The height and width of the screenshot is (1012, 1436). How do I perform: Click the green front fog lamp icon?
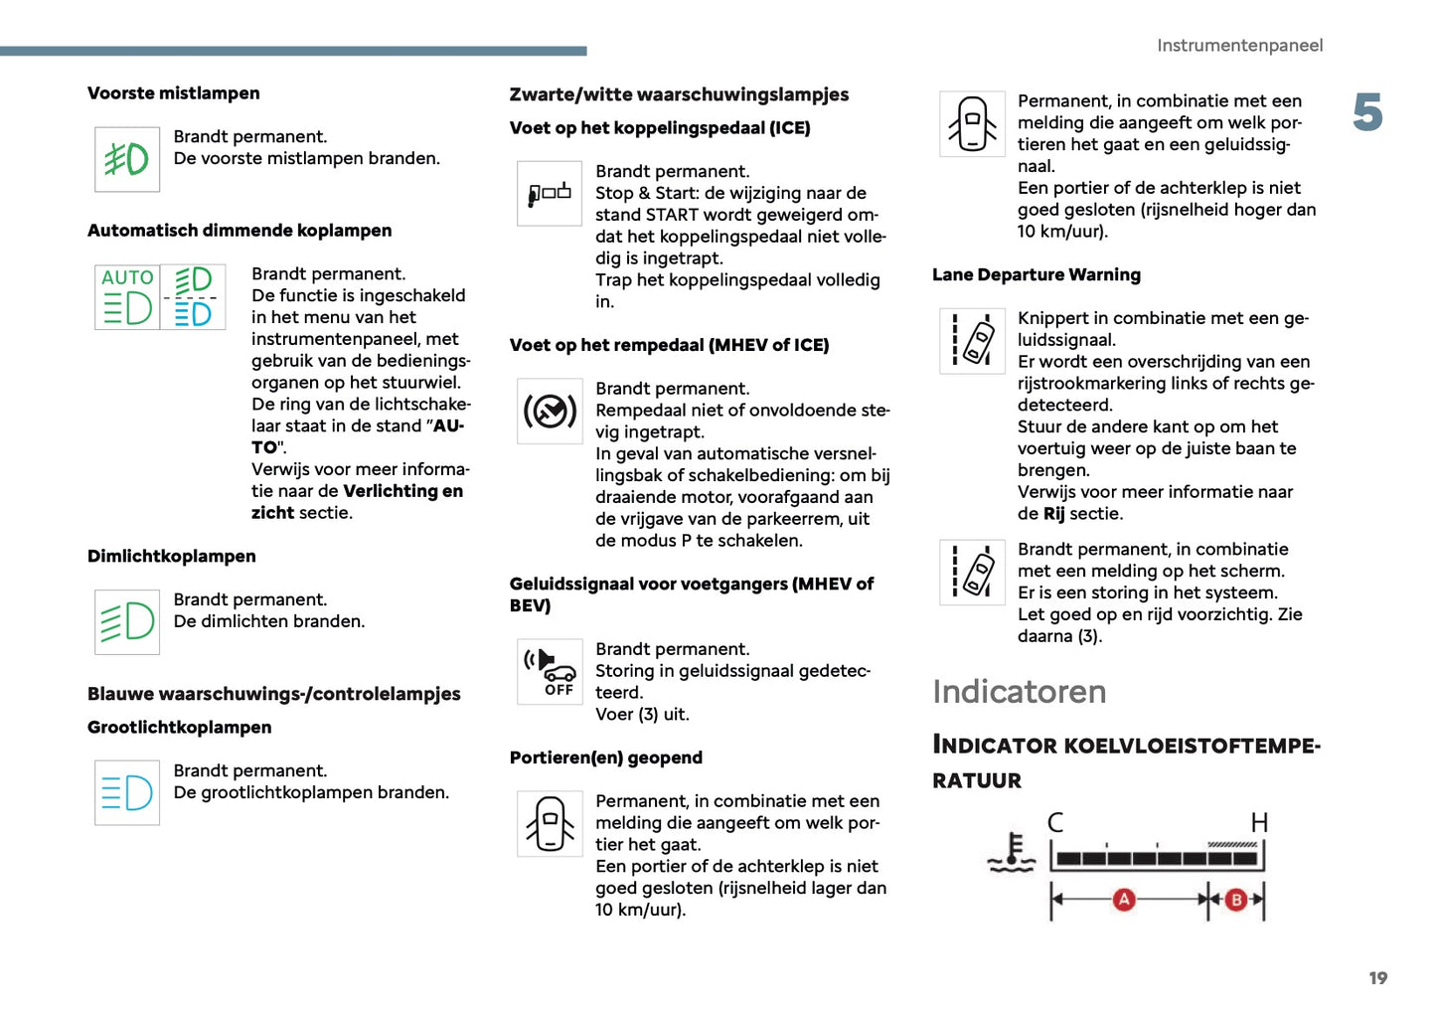point(127,159)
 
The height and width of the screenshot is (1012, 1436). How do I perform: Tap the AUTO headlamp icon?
point(127,296)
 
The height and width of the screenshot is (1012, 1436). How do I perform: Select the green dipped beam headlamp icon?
point(127,622)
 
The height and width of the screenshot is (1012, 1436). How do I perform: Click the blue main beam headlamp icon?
point(127,792)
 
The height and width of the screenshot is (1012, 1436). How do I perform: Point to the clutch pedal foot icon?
point(550,193)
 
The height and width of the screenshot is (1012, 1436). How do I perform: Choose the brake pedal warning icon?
point(550,411)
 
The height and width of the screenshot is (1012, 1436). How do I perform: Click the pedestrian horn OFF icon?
point(550,671)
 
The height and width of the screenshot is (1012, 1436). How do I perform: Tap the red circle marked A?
point(1124,900)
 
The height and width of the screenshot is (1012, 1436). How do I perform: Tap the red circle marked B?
point(1236,900)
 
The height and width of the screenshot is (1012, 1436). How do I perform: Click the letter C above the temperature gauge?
point(1055,822)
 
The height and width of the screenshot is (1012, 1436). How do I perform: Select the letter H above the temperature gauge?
point(1259,822)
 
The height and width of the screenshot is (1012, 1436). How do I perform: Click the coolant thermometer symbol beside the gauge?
point(1012,853)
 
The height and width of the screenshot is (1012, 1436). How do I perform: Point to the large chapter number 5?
point(1367,112)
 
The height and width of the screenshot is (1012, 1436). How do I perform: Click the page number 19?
point(1377,978)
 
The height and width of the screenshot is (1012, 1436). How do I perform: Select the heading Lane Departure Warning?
point(1036,275)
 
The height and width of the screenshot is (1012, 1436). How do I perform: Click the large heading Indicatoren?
point(1019,692)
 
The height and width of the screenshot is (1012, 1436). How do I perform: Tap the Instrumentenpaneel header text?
point(1239,46)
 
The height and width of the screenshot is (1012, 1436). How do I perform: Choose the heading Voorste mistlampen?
point(174,93)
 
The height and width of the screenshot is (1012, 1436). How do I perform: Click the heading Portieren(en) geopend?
point(605,758)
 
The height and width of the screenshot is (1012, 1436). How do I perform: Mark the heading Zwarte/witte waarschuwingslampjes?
point(679,94)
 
